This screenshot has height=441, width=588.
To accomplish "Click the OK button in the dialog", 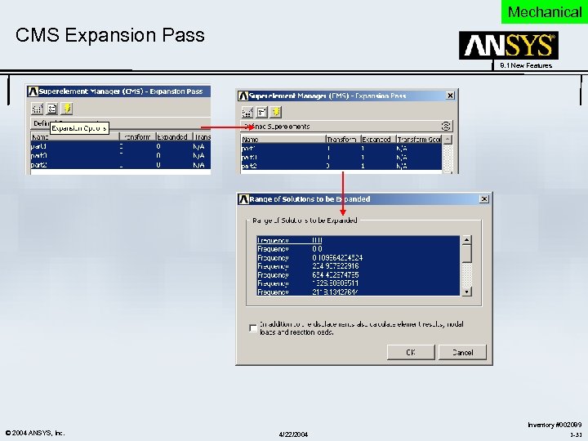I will coord(410,352).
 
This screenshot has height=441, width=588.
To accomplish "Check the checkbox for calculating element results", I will coord(252,328).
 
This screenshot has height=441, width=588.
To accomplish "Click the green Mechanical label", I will coord(544,11).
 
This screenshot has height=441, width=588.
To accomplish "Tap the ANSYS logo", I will coord(508,46).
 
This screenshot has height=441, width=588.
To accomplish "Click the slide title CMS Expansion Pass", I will coord(110,35).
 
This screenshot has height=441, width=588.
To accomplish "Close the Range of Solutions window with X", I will coord(485,198).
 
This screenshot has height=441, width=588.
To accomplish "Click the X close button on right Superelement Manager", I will coord(450,96).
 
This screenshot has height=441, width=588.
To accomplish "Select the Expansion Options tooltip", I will coord(79,128).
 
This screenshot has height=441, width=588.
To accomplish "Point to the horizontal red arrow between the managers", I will coord(229,128).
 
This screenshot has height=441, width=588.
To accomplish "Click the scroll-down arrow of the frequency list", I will coord(466,291).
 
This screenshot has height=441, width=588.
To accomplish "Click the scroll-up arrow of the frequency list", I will coord(466,240).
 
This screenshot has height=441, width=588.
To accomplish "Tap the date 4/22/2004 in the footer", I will coord(293,434).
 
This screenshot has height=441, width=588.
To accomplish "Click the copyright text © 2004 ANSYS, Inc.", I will coord(35,432).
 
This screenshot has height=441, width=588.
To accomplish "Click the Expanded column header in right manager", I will coord(376,140).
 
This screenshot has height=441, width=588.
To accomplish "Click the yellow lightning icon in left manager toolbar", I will coord(67,108).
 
